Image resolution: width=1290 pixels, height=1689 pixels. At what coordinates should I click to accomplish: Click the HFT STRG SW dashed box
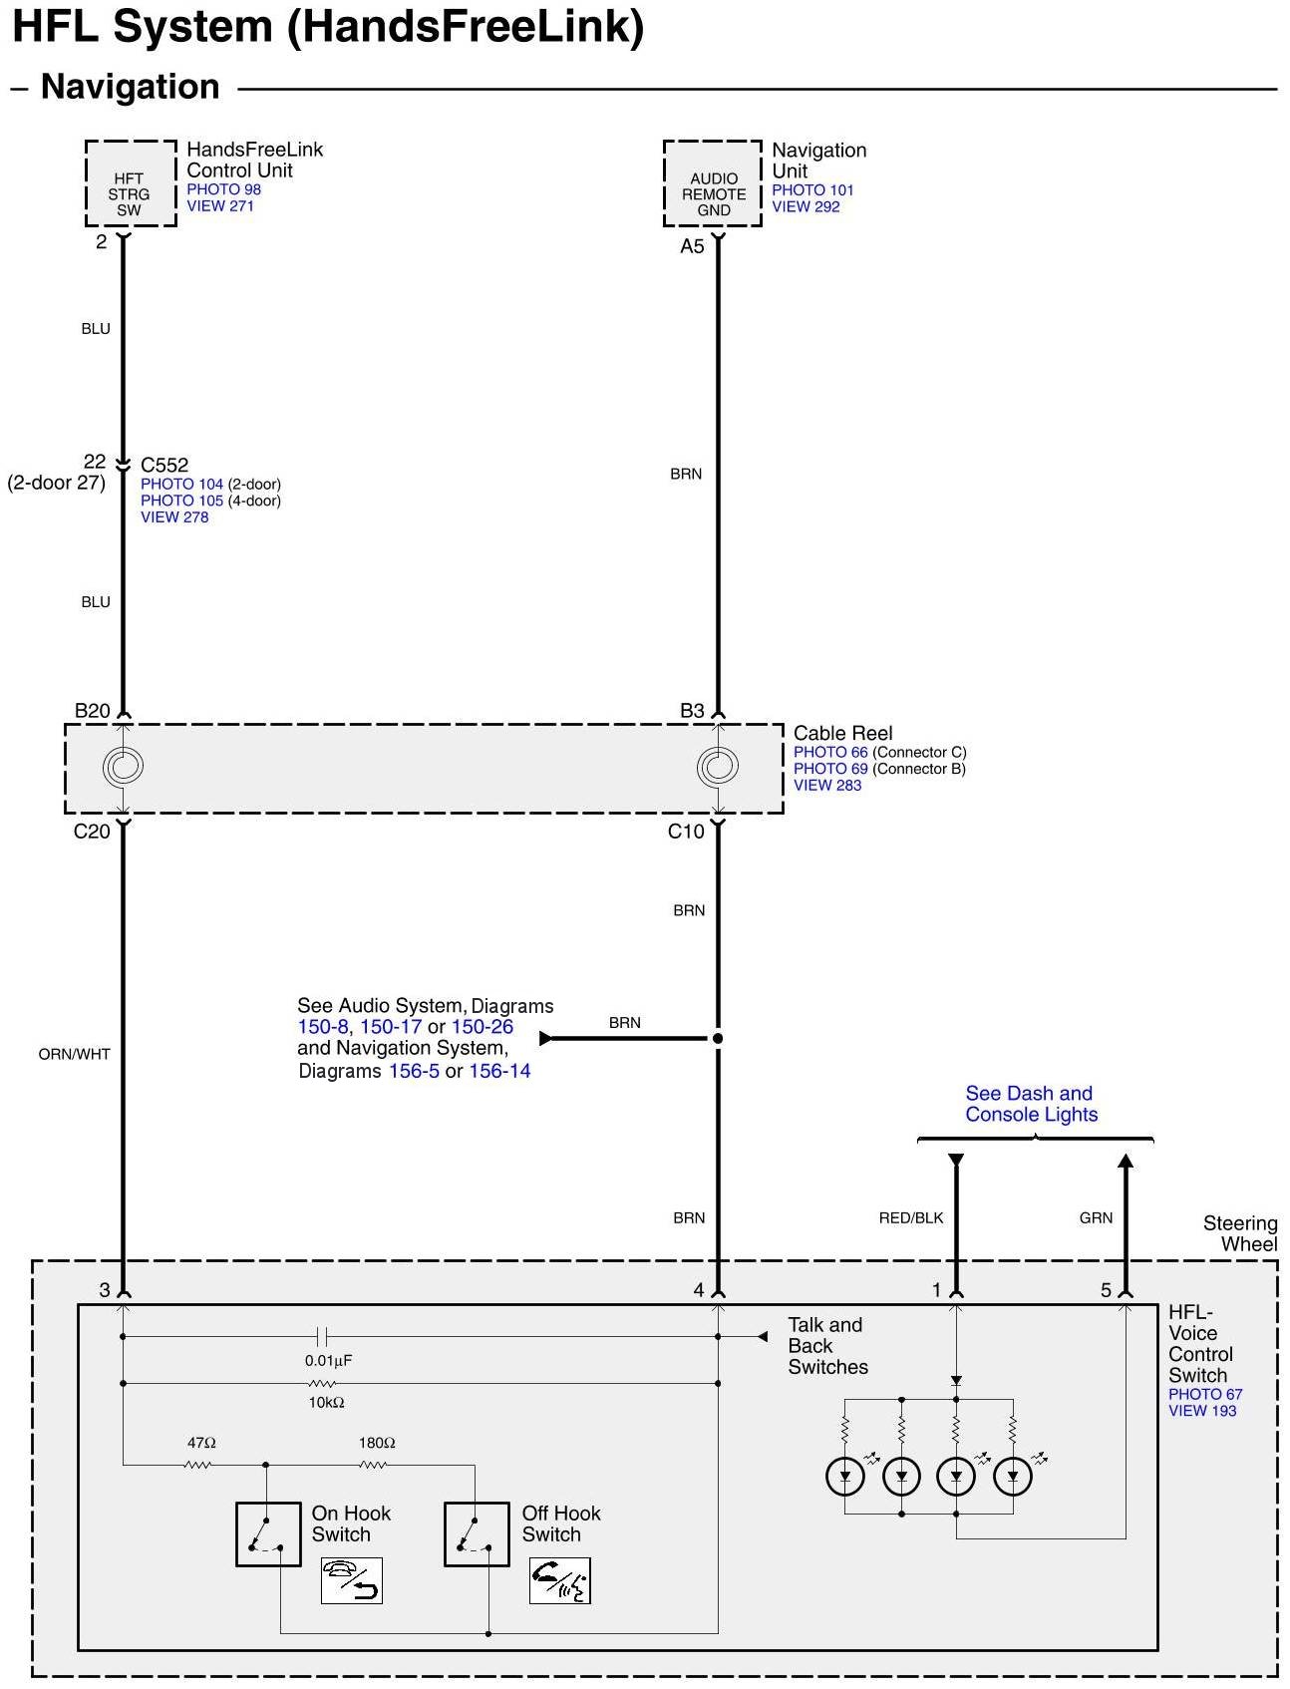[x=130, y=184]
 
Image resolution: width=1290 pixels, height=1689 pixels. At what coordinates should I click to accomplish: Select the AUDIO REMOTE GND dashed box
[x=713, y=184]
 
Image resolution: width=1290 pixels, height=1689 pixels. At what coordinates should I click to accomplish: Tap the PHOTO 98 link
[x=223, y=189]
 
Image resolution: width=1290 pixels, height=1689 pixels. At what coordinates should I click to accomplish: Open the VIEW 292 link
[x=806, y=206]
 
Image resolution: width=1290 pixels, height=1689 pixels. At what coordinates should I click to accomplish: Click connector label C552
[x=164, y=465]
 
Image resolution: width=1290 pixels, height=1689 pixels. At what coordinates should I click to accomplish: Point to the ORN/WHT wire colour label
[x=74, y=1054]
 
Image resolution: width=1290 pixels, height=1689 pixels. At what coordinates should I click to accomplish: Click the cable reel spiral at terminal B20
[x=123, y=766]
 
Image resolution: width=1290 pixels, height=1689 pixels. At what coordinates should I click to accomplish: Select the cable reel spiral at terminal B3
[x=718, y=766]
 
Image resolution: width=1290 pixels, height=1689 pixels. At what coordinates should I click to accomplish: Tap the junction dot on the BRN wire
[x=718, y=1038]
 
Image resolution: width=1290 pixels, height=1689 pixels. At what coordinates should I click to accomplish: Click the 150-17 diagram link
[x=391, y=1027]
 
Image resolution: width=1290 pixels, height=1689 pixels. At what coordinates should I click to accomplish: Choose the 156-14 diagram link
[x=499, y=1071]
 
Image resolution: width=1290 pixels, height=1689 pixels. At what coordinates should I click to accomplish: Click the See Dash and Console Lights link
[x=1031, y=1104]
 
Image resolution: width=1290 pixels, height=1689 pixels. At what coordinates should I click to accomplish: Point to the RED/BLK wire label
[x=910, y=1217]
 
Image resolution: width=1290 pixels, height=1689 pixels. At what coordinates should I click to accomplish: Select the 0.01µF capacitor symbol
[x=322, y=1336]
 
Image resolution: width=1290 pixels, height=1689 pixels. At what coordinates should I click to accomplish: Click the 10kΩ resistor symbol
[x=321, y=1383]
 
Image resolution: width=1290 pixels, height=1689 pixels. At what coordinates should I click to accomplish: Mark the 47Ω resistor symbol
[x=197, y=1465]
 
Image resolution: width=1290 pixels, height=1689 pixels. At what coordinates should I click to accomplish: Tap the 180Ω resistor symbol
[x=372, y=1465]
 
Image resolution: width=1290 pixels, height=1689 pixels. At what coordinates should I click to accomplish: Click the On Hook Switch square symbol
[x=268, y=1533]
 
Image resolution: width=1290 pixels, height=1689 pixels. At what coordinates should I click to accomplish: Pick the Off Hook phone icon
[x=559, y=1580]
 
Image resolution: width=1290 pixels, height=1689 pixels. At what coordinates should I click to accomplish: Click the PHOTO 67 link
[x=1205, y=1394]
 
